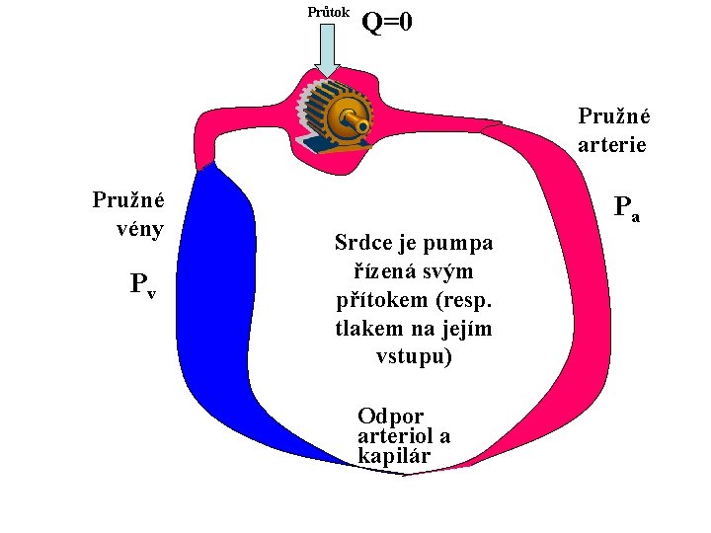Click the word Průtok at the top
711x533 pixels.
328,12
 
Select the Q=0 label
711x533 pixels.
388,21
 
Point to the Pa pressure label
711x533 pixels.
626,208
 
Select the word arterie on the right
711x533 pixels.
612,144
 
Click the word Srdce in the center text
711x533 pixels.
362,243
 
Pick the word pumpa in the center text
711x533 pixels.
461,243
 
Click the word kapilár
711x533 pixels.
394,456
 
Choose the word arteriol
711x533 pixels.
396,436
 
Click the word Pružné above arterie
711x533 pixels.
612,116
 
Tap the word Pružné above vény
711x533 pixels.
128,200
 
